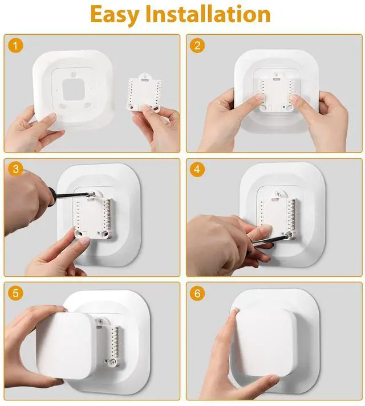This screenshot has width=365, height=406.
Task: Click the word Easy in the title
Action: [115, 15]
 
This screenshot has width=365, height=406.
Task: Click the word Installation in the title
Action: [208, 14]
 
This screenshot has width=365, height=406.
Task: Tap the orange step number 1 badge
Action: [15, 46]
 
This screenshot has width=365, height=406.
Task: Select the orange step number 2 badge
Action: [197, 46]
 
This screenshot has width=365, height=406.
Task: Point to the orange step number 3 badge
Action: [15, 169]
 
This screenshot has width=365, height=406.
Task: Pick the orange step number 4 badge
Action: [197, 169]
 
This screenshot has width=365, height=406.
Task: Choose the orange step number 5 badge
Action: [15, 293]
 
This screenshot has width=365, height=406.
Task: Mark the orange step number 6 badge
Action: [197, 293]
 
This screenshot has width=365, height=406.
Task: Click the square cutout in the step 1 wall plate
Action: [74, 89]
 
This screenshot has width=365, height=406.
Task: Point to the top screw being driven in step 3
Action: [92, 194]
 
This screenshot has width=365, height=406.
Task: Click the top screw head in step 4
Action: [279, 194]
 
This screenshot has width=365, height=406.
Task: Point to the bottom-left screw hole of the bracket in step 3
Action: [79, 233]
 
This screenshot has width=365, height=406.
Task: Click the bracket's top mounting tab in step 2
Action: [277, 75]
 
